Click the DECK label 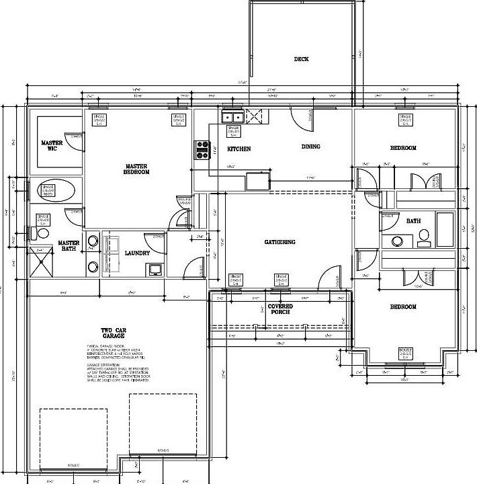pyautogui.click(x=301, y=59)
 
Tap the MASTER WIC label pyautogui.click(x=52, y=145)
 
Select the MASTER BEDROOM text pyautogui.click(x=136, y=169)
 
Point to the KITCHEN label pyautogui.click(x=238, y=149)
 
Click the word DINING pyautogui.click(x=310, y=147)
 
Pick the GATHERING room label pyautogui.click(x=279, y=242)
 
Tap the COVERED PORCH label pyautogui.click(x=280, y=310)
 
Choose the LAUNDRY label pyautogui.click(x=137, y=253)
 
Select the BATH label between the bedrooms pyautogui.click(x=413, y=221)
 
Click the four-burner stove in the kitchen pyautogui.click(x=202, y=150)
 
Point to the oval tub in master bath pyautogui.click(x=56, y=190)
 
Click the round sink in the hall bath pyautogui.click(x=396, y=241)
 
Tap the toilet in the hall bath pyautogui.click(x=424, y=235)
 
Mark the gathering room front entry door pyautogui.click(x=329, y=276)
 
